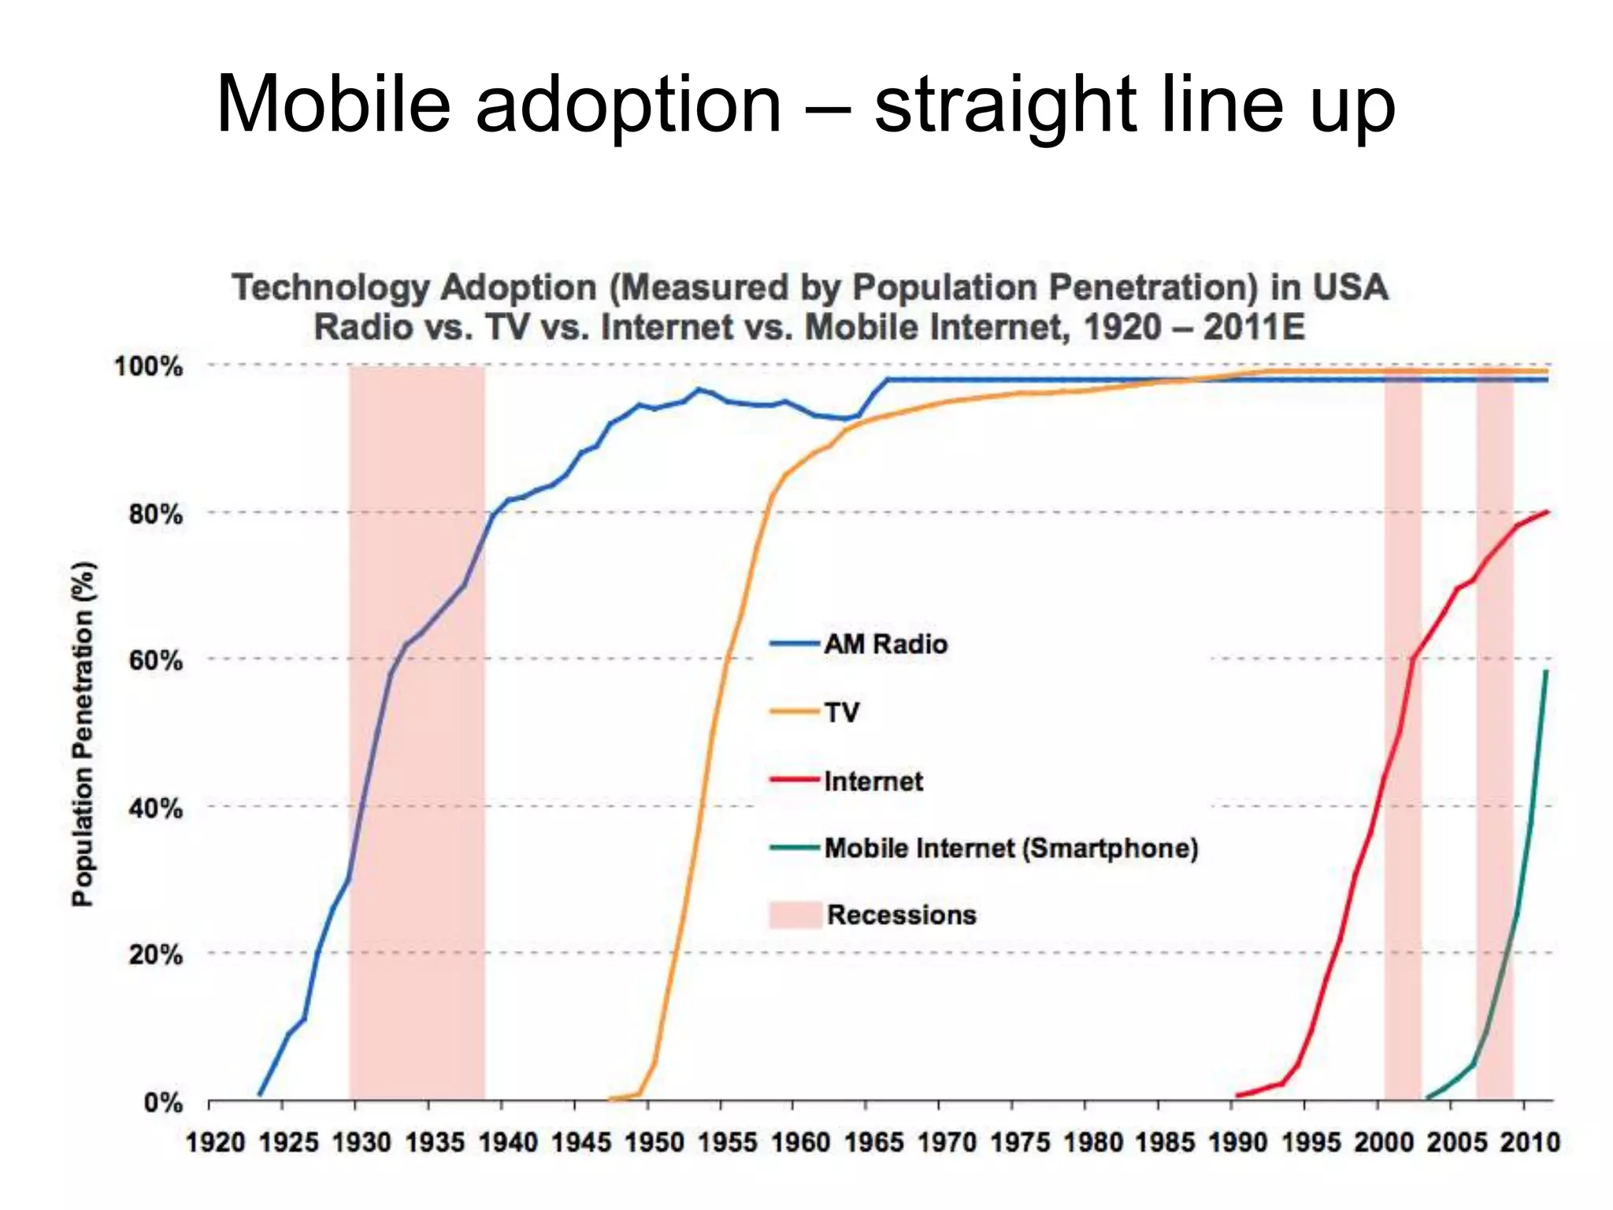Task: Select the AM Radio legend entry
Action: pyautogui.click(x=885, y=644)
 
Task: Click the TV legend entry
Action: pyautogui.click(x=841, y=712)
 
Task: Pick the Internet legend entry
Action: pyautogui.click(x=873, y=781)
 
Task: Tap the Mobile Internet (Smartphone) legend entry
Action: pyautogui.click(x=1010, y=848)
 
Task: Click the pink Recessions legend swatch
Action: pyautogui.click(x=795, y=915)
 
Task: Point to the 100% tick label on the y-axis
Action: pyautogui.click(x=148, y=366)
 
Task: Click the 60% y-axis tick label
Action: pyautogui.click(x=155, y=660)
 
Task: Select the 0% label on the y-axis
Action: pyautogui.click(x=163, y=1102)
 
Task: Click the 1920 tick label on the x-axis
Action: pyautogui.click(x=215, y=1142)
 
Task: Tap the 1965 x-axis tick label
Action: pyautogui.click(x=873, y=1142)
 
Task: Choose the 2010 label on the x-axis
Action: pyautogui.click(x=1530, y=1142)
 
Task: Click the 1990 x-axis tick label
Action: pyautogui.click(x=1238, y=1142)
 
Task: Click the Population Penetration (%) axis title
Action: pyautogui.click(x=83, y=733)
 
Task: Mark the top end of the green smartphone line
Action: pyautogui.click(x=1546, y=672)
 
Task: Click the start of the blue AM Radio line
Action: pyautogui.click(x=260, y=1094)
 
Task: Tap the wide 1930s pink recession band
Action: pyautogui.click(x=417, y=733)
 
